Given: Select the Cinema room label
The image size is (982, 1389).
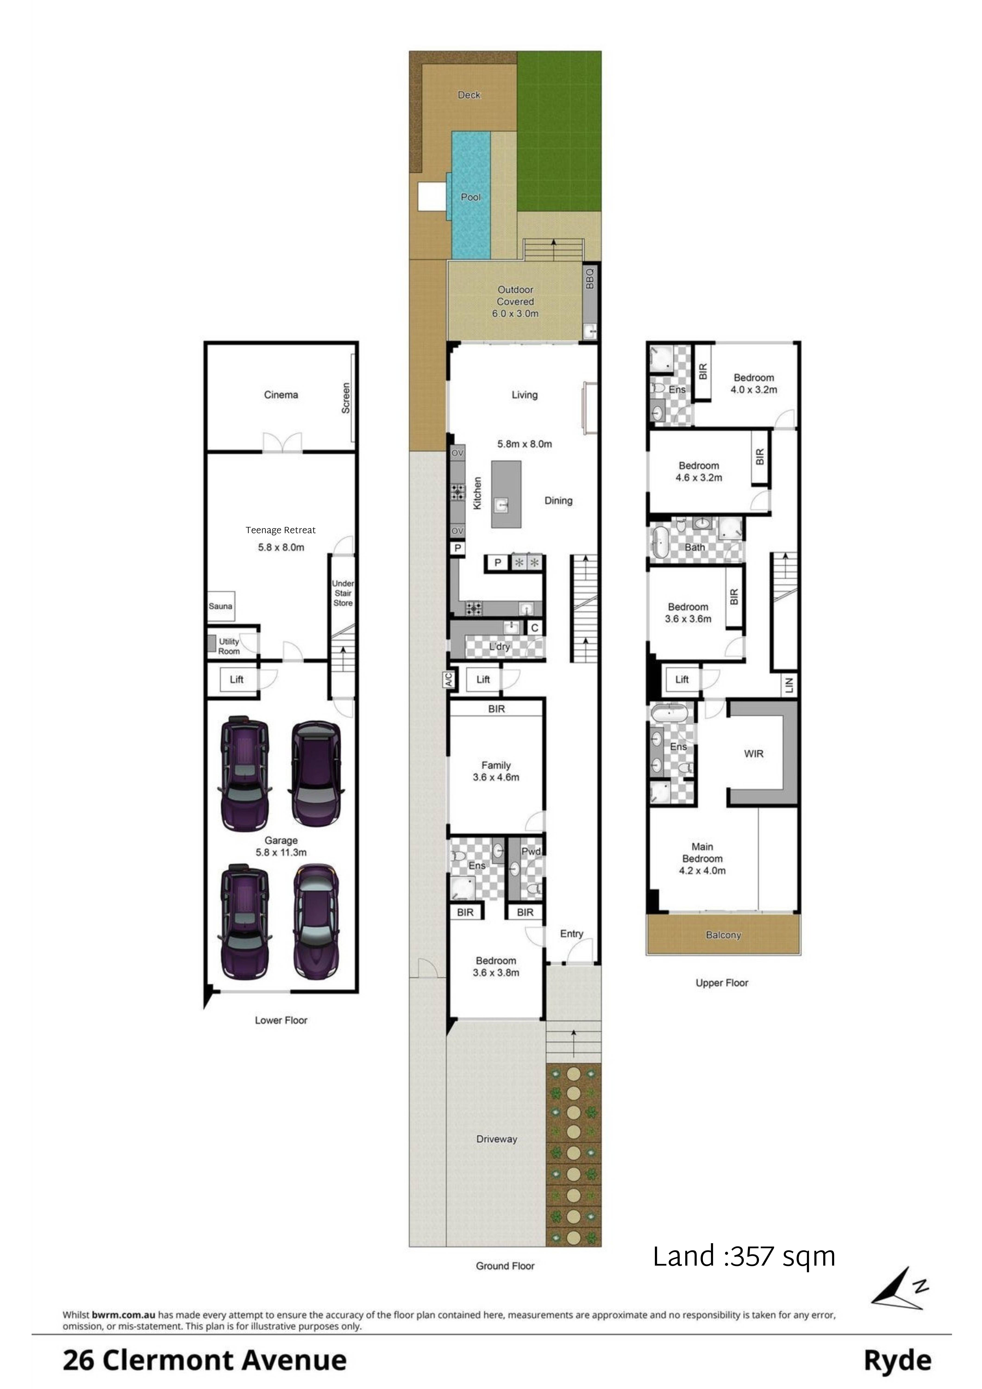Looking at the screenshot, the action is (x=281, y=395).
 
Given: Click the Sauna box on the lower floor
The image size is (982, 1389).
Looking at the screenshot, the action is (x=220, y=606).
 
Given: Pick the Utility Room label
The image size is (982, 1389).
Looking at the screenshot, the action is (x=229, y=646).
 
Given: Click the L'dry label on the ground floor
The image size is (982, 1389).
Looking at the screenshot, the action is (x=499, y=647).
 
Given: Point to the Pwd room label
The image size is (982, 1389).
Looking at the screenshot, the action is (x=531, y=851).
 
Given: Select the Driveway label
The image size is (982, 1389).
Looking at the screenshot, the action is (x=497, y=1139).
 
